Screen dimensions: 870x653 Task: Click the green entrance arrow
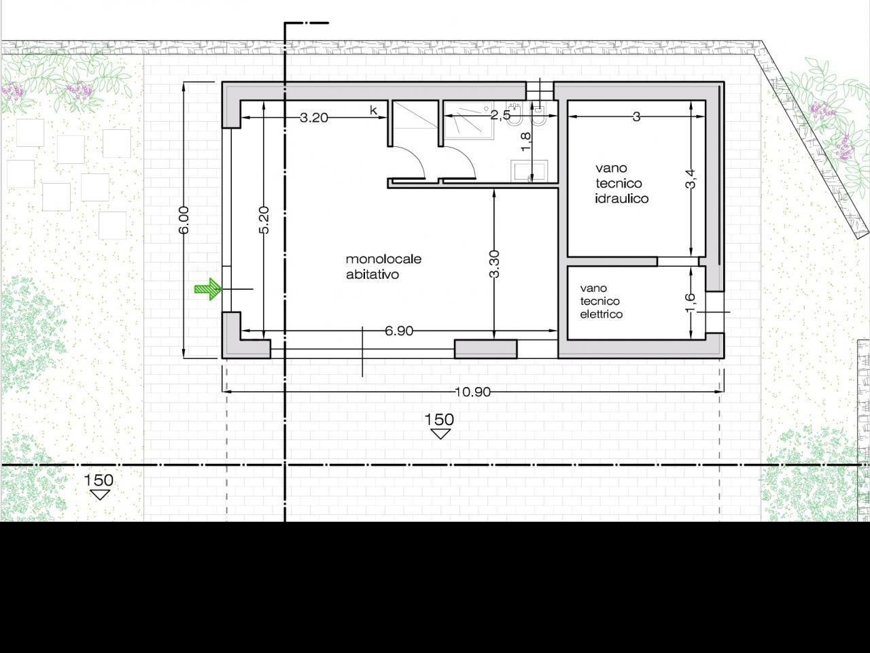[208, 289]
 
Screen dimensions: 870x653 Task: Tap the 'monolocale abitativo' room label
[383, 267]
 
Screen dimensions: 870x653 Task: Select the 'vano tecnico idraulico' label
[621, 183]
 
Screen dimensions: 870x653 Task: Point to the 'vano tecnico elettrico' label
[601, 301]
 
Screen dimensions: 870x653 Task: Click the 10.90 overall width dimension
[472, 392]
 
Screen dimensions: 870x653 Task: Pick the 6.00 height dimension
[184, 220]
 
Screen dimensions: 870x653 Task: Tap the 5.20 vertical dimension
[264, 220]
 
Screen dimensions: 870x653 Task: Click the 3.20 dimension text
[314, 118]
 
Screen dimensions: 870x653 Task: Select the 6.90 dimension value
[399, 331]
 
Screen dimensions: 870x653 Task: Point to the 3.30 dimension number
[494, 264]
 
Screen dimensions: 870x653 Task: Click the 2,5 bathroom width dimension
[500, 116]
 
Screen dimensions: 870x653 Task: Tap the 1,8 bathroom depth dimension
[525, 141]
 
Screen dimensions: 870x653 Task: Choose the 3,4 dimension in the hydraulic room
[691, 179]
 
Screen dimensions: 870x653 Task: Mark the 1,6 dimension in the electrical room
[690, 303]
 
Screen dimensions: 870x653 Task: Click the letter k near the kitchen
[373, 110]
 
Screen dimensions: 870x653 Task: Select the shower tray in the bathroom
[469, 120]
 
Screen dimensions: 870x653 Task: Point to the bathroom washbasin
[529, 171]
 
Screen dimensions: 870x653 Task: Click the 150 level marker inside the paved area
[440, 425]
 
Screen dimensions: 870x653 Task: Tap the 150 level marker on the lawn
[99, 486]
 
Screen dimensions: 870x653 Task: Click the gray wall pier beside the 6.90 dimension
[485, 349]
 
